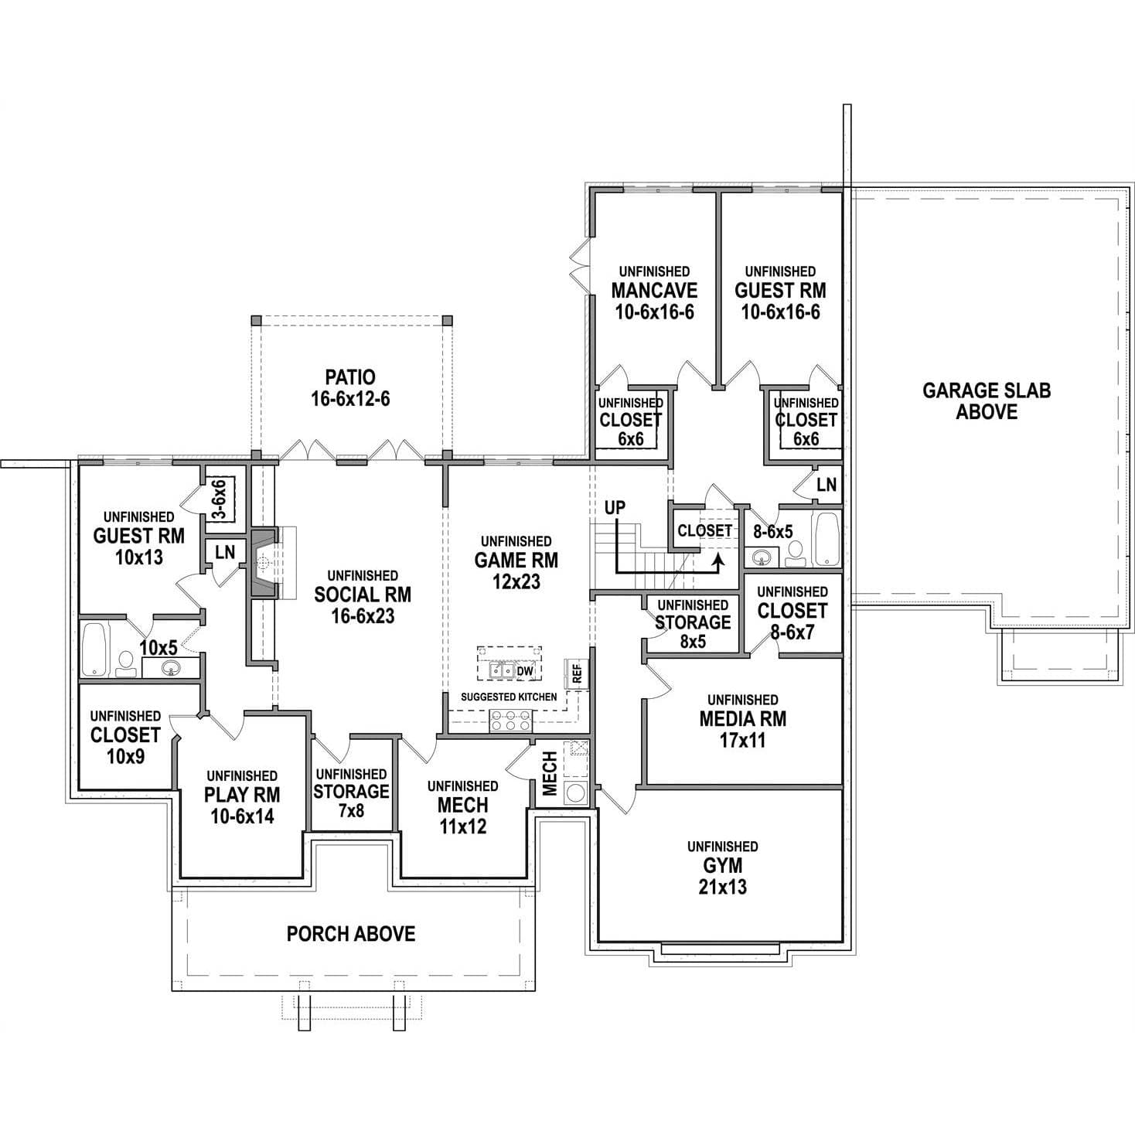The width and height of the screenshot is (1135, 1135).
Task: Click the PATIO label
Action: click(350, 377)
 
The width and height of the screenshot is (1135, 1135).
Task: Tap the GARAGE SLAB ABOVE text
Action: click(987, 401)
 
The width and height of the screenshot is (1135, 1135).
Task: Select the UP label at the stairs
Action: click(615, 508)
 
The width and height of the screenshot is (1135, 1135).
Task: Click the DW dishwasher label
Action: click(525, 671)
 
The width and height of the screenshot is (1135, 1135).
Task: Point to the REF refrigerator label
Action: click(578, 673)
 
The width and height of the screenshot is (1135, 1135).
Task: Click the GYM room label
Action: click(723, 865)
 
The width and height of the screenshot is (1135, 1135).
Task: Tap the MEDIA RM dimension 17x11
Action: click(743, 741)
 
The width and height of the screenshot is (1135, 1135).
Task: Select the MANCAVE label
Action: click(654, 291)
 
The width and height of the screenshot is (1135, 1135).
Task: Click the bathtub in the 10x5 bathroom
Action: click(94, 649)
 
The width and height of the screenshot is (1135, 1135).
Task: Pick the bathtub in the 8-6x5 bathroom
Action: click(826, 540)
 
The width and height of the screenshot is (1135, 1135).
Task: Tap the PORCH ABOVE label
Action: click(351, 933)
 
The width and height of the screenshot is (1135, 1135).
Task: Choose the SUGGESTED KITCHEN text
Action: click(509, 697)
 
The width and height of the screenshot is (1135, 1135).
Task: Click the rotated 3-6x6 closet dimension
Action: click(219, 499)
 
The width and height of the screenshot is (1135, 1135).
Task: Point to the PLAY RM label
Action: click(242, 795)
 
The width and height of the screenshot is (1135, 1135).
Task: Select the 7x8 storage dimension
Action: click(351, 810)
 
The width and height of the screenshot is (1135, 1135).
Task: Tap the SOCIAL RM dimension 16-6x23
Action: click(363, 616)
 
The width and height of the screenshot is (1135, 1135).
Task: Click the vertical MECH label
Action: click(550, 773)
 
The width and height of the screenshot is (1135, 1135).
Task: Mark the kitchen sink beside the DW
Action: click(502, 671)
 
